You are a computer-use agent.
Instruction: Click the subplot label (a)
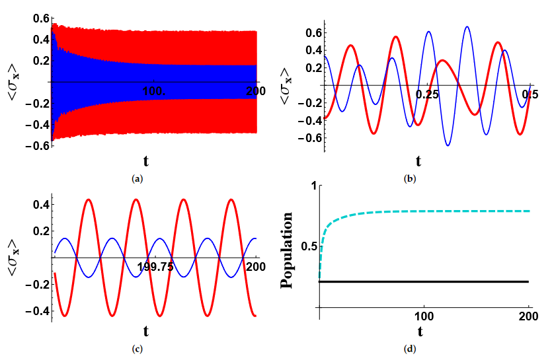click(138, 178)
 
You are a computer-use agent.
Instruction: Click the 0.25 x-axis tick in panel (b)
click(428, 94)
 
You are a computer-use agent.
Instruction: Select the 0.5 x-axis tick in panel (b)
click(529, 94)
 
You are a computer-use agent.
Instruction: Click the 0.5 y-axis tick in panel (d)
click(307, 246)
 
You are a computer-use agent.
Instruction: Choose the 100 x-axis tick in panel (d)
click(424, 316)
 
